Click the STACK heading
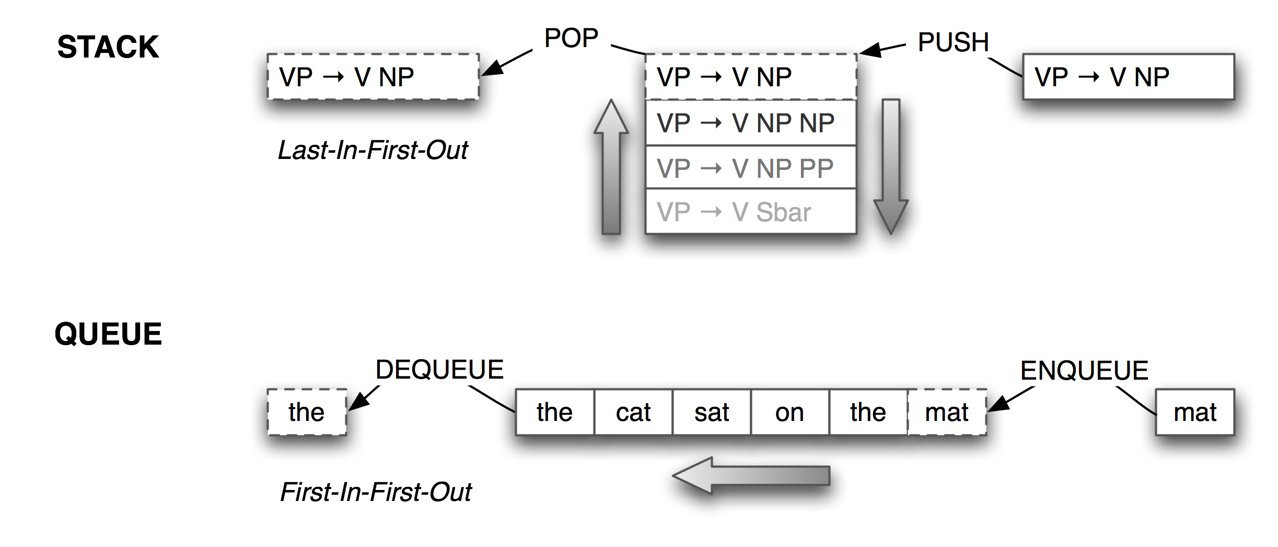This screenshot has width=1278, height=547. click(x=108, y=47)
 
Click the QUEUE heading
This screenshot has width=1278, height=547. click(x=108, y=334)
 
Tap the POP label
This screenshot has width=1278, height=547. click(x=571, y=38)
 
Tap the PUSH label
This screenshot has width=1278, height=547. click(x=953, y=42)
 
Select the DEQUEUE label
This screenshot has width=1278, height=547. click(x=439, y=370)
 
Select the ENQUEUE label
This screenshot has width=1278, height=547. click(x=1084, y=371)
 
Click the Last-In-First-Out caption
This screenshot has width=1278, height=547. click(x=373, y=151)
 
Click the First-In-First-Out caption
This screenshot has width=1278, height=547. click(x=376, y=492)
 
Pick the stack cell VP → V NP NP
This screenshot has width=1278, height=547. click(x=750, y=123)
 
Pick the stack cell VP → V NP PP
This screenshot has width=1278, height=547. click(x=750, y=168)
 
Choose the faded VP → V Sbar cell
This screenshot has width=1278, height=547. click(x=750, y=212)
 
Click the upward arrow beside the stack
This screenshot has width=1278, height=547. click(x=611, y=167)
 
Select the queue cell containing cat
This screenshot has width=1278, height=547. click(x=633, y=412)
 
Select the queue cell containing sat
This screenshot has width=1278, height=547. click(x=712, y=412)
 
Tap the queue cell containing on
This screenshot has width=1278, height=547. click(x=789, y=412)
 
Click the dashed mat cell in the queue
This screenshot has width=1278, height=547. click(x=947, y=412)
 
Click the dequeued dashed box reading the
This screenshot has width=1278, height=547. click(x=307, y=412)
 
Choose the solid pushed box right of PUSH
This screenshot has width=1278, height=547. click(x=1128, y=77)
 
